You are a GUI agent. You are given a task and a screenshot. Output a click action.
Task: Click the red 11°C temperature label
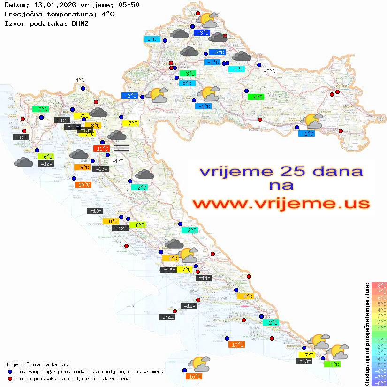[x=101, y=149]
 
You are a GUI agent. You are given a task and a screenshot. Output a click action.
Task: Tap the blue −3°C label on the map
[x=202, y=33]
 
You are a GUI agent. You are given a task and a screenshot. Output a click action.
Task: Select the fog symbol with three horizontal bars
[x=121, y=147]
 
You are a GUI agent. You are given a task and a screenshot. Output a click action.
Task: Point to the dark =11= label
[x=72, y=127]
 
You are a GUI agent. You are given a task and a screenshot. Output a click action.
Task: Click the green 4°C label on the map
[x=256, y=97]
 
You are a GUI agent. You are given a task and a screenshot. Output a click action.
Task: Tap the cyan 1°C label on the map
[x=236, y=69]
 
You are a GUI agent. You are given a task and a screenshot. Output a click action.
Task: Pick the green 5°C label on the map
[x=332, y=364]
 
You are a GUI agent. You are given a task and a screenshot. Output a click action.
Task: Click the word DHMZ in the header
[x=80, y=23]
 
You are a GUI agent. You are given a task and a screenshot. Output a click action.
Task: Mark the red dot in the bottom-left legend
[x=10, y=379]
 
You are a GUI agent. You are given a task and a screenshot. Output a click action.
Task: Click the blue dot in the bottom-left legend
[x=10, y=372]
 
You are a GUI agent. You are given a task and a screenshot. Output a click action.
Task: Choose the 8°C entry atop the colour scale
[x=379, y=286]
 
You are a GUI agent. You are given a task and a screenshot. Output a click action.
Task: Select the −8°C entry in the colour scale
[x=379, y=383]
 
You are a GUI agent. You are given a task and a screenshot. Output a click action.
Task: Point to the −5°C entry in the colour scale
[x=379, y=365]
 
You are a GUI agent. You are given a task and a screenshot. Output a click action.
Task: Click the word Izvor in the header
[x=14, y=23]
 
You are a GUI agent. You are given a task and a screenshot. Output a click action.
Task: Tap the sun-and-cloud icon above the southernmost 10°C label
[x=199, y=364]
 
